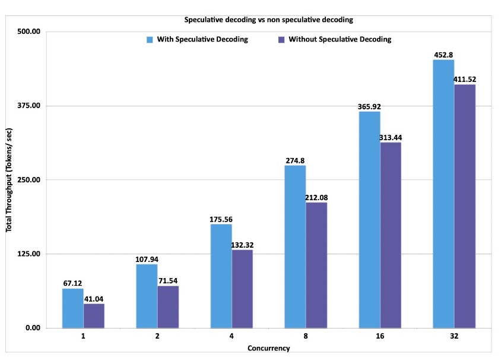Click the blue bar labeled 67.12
point(73,308)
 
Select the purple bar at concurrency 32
point(465,206)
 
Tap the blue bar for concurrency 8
point(296,247)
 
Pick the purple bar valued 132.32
point(242,289)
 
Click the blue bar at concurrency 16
point(369,220)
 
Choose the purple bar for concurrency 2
point(168,307)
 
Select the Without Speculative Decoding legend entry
point(336,40)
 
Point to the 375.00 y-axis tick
point(27,106)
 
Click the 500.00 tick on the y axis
point(27,31)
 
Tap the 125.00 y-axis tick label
point(27,254)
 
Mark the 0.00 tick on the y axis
point(31,329)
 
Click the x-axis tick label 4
point(232,337)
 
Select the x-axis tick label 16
point(380,337)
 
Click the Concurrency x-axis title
point(269,349)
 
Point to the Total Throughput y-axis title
point(10,179)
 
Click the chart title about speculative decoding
point(269,20)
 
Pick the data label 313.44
point(391,138)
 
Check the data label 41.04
point(94,299)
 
